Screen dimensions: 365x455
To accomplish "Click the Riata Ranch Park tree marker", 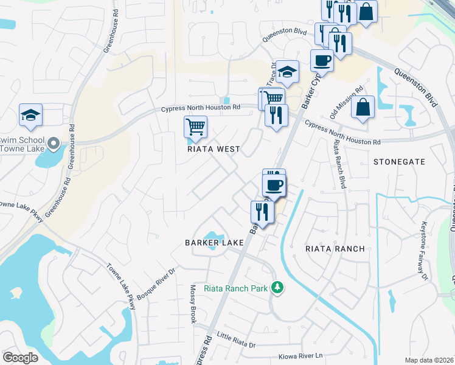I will (x=278, y=287).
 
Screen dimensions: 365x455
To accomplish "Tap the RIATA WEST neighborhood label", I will (x=214, y=149).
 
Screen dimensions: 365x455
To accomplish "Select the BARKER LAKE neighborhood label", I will (x=214, y=242).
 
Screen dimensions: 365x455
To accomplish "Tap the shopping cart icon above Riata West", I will (x=195, y=127).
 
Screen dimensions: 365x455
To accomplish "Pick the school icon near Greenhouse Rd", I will (x=30, y=116).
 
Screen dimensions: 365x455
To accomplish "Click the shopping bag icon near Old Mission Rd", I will (x=363, y=107).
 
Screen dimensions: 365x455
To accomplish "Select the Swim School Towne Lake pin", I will (x=54, y=144).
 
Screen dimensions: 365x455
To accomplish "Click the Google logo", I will (x=20, y=358).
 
